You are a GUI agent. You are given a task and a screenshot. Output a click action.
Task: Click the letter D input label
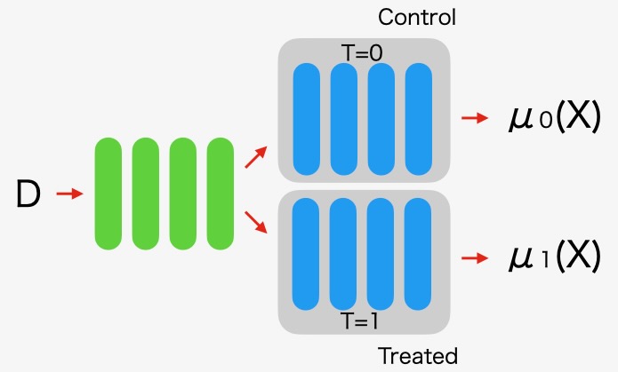[x=28, y=194]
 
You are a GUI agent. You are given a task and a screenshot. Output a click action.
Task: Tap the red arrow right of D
[x=69, y=193]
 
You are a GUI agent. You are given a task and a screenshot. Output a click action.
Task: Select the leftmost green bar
[x=108, y=193]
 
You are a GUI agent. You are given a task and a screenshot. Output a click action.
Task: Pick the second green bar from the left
[x=145, y=193]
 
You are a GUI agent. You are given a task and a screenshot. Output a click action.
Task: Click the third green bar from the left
[x=182, y=193]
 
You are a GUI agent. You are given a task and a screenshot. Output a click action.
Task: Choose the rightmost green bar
[x=220, y=193]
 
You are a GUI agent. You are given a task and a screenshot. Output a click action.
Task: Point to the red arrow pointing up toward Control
[x=255, y=158]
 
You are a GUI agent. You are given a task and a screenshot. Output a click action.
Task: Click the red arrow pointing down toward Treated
[x=255, y=222]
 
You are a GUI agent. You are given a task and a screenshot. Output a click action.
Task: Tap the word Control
[x=417, y=17]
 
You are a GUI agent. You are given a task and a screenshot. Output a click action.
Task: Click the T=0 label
[x=363, y=53]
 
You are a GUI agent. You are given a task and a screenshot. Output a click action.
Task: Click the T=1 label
[x=363, y=320]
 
